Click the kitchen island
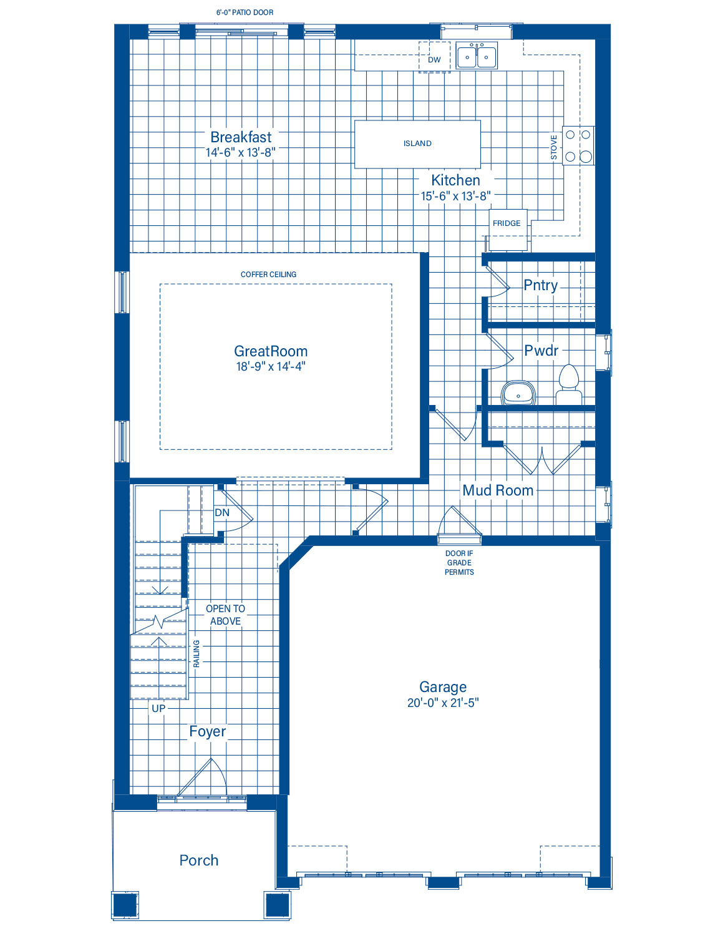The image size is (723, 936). (x=417, y=144)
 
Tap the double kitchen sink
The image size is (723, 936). (x=477, y=56)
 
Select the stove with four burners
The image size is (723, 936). (x=578, y=145)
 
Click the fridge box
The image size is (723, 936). (x=508, y=230)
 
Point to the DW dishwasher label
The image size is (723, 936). (x=434, y=60)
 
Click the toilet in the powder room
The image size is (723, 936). (x=568, y=384)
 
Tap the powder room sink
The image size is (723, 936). (x=518, y=393)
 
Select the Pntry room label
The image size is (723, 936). (x=540, y=286)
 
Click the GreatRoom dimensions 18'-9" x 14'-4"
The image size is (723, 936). (x=271, y=366)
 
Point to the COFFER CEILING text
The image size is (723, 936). (x=268, y=275)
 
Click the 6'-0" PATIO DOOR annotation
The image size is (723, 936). (x=245, y=12)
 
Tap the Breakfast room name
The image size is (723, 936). (x=241, y=137)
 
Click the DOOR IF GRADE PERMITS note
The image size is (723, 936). (x=460, y=563)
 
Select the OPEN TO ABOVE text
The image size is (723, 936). (x=225, y=615)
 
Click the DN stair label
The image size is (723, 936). (x=222, y=512)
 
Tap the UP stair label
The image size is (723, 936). (x=158, y=709)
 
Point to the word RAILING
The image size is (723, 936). (x=197, y=653)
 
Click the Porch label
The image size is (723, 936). (x=199, y=860)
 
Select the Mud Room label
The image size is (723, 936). (x=498, y=490)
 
